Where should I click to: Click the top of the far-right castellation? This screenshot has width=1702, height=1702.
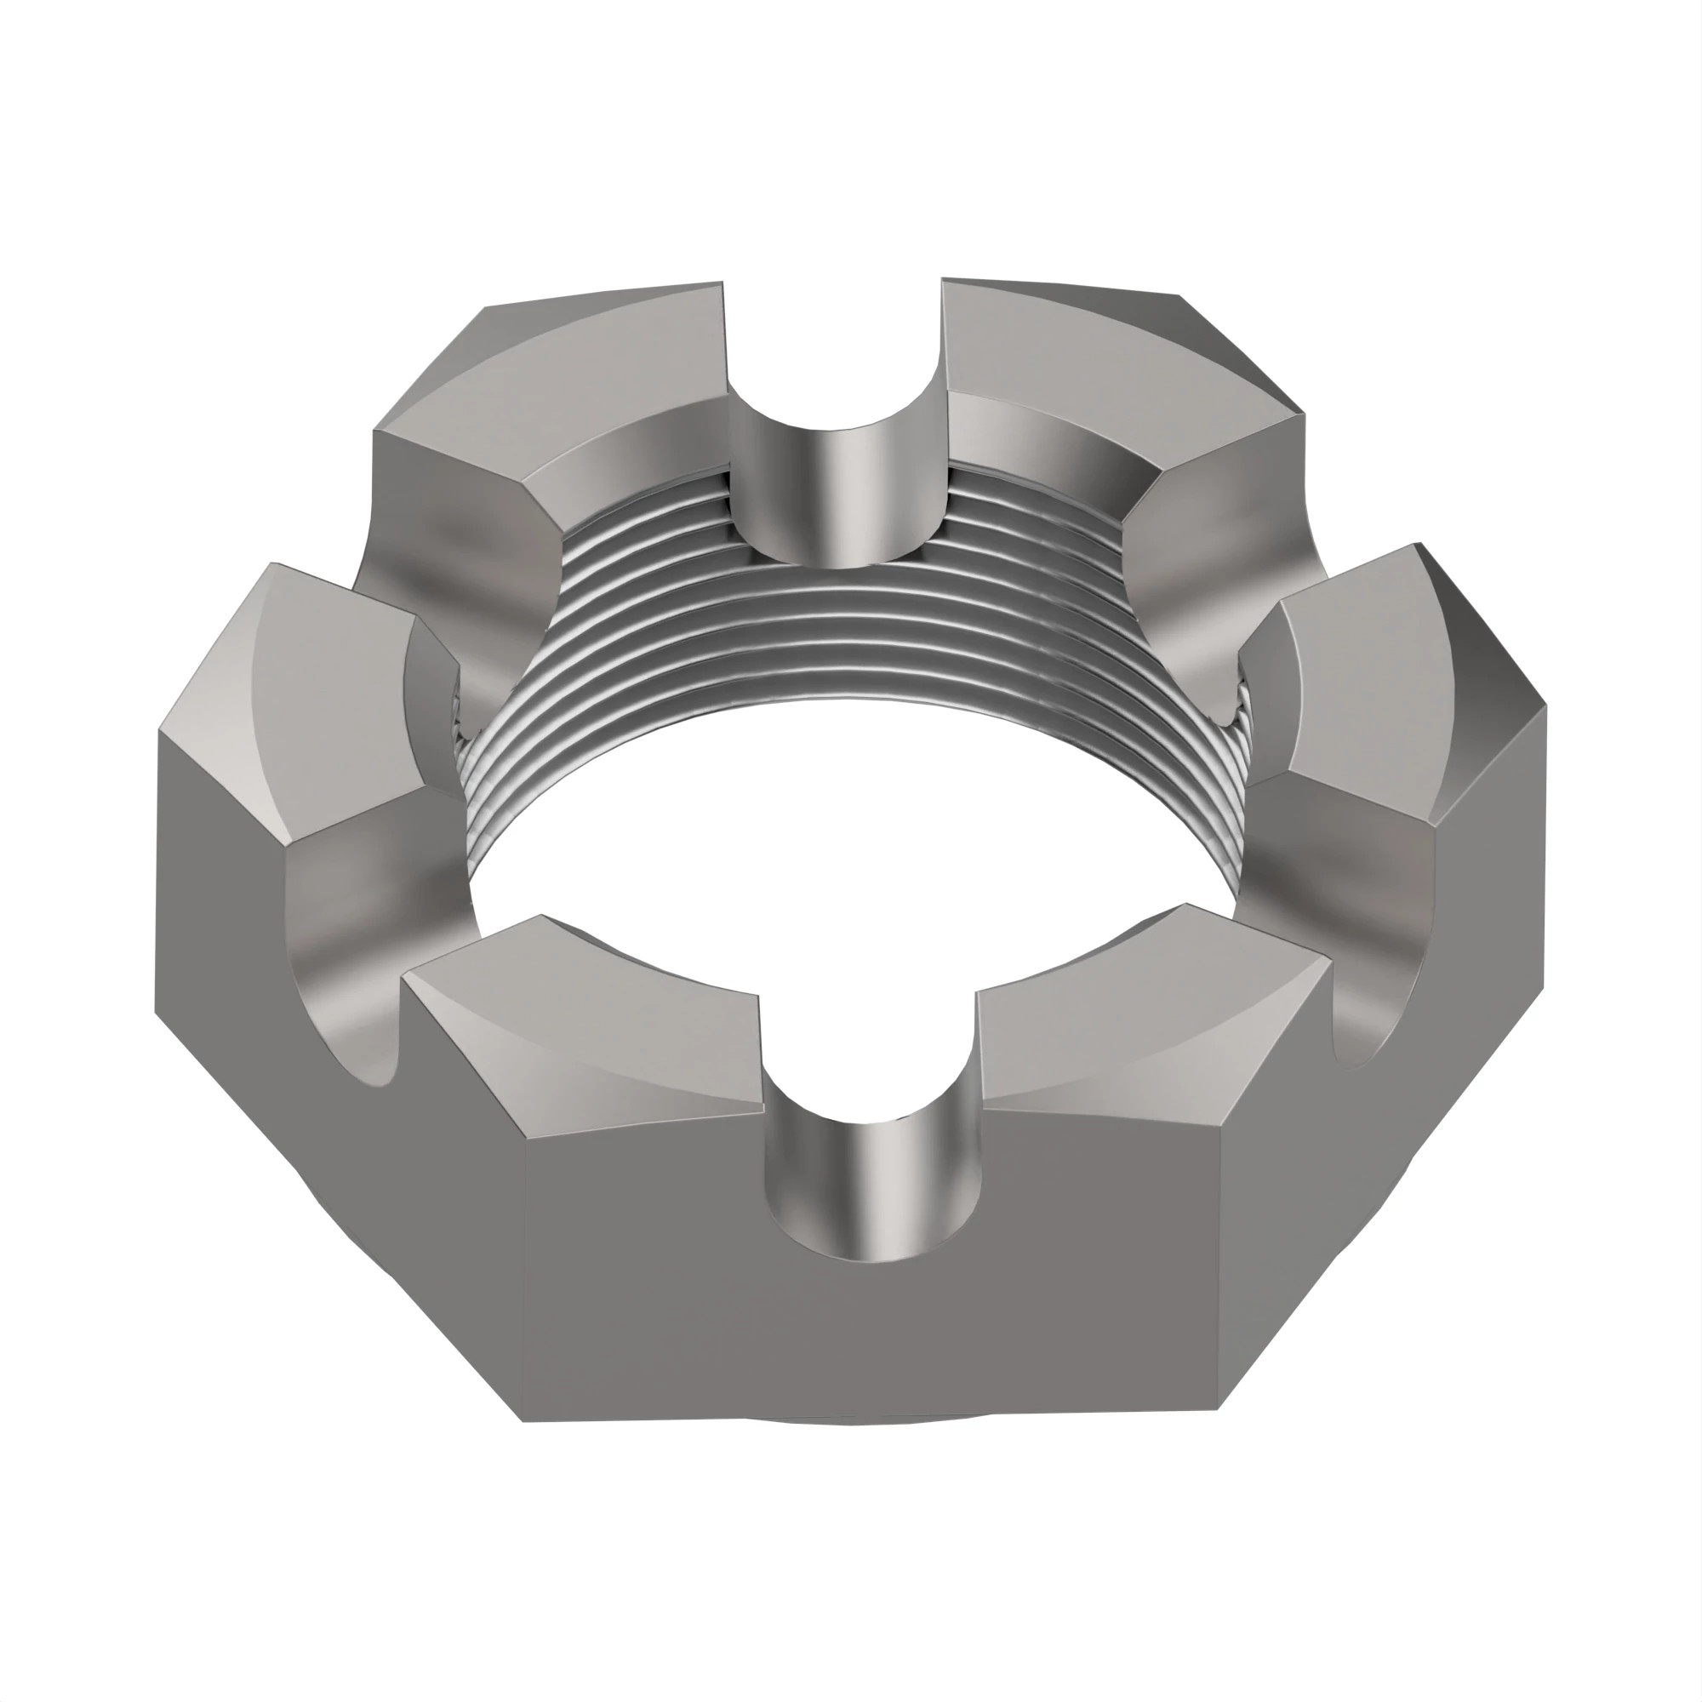pyautogui.click(x=1374, y=678)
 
